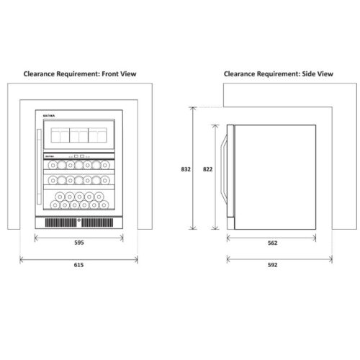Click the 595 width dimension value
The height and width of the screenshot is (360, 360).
tap(79, 243)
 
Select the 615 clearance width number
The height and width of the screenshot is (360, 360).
tap(78, 265)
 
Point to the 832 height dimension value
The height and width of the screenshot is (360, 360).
tap(186, 169)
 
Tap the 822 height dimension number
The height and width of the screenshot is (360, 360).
tap(207, 169)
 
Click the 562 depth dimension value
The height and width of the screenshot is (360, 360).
tap(273, 243)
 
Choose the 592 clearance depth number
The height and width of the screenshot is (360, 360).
tap(273, 265)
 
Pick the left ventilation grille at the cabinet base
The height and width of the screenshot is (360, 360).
tap(61, 223)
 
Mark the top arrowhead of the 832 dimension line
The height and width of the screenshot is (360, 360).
tap(192, 109)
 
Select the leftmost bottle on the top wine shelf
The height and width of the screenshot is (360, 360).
tap(53, 165)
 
